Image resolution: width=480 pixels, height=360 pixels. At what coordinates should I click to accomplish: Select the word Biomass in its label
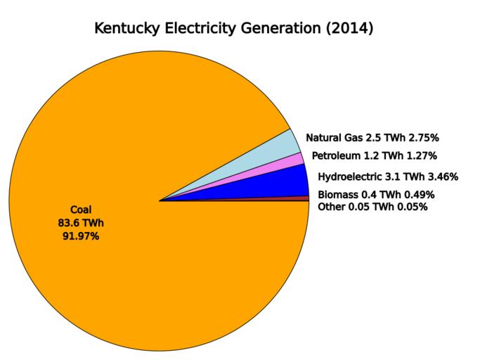[x=339, y=195]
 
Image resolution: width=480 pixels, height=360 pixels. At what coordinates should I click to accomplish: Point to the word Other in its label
[x=332, y=207]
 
